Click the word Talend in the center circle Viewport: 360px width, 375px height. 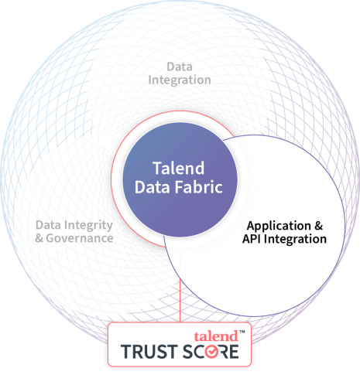pyautogui.click(x=179, y=169)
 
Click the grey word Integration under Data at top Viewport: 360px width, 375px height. pyautogui.click(x=180, y=80)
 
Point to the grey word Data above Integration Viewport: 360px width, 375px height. pyautogui.click(x=180, y=66)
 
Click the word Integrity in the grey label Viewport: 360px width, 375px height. pyautogui.click(x=88, y=225)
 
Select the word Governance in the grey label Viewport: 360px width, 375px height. pyautogui.click(x=80, y=238)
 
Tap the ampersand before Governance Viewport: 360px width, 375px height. pyautogui.click(x=39, y=238)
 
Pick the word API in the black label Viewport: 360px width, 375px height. pyautogui.click(x=252, y=239)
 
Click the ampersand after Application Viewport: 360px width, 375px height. pyautogui.click(x=319, y=226)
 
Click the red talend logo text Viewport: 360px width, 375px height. pyautogui.click(x=216, y=336)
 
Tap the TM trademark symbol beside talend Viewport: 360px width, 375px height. pyautogui.click(x=242, y=332)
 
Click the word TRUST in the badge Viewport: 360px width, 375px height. pyautogui.click(x=149, y=352)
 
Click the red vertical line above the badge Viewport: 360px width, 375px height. pyautogui.click(x=180, y=301)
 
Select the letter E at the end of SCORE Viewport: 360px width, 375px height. pyautogui.click(x=234, y=352)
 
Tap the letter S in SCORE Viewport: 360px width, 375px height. pyautogui.click(x=188, y=352)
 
